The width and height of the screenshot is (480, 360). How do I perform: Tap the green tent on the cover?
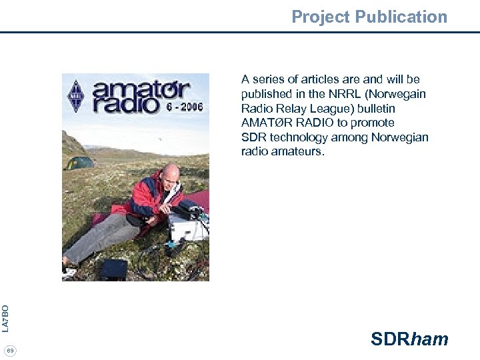(x=79, y=162)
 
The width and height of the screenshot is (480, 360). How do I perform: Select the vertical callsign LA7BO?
(x=5, y=318)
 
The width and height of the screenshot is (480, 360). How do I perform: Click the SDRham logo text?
(x=409, y=339)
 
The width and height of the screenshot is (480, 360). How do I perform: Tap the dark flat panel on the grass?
(x=113, y=269)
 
